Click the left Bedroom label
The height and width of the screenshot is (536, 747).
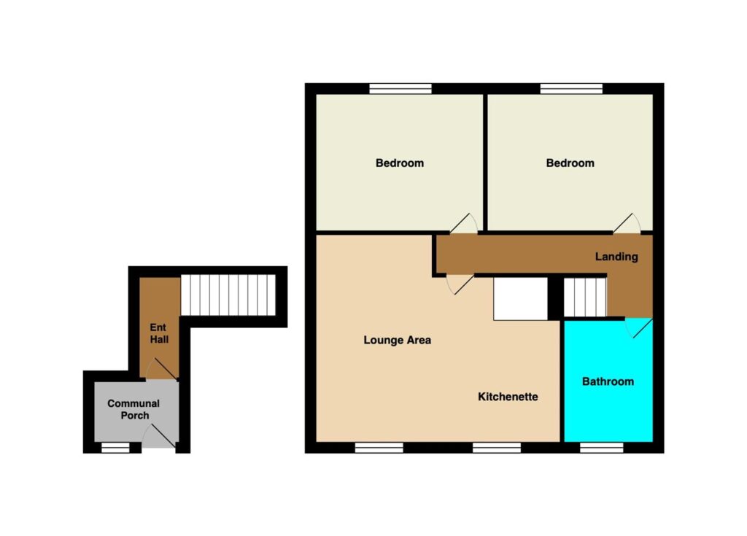(399, 163)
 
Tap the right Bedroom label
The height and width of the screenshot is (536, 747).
(570, 163)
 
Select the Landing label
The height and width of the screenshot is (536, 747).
(616, 257)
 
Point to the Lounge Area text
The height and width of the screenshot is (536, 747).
(397, 340)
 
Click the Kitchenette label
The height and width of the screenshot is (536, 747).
(508, 397)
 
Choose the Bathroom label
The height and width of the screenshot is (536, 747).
(608, 381)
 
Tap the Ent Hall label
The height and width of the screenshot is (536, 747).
(158, 333)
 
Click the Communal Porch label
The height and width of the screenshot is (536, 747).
(134, 409)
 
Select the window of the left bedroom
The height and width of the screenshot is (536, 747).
(400, 89)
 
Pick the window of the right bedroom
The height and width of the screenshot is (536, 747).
(571, 89)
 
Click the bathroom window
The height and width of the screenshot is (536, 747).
(602, 447)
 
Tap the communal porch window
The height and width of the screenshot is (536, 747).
(115, 447)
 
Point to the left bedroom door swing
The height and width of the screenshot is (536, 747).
(463, 223)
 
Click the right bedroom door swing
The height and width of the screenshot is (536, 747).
(627, 223)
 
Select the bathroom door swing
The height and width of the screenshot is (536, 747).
(638, 328)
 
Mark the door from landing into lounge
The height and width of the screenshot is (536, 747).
(460, 284)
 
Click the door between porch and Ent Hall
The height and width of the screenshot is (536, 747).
(161, 369)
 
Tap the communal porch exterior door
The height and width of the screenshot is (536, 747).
(159, 436)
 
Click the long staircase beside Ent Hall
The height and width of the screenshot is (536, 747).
(228, 295)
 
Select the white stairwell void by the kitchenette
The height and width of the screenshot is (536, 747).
(520, 299)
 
